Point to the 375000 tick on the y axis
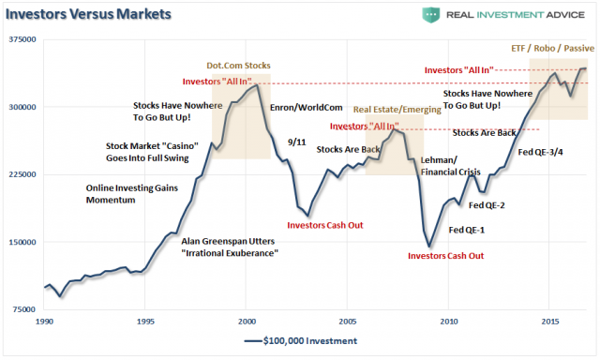coord(22,39)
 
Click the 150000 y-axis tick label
coord(22,242)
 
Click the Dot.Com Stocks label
coord(239,67)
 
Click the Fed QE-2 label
coord(487,205)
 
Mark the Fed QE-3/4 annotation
coord(543,153)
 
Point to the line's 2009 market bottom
coord(428,247)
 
